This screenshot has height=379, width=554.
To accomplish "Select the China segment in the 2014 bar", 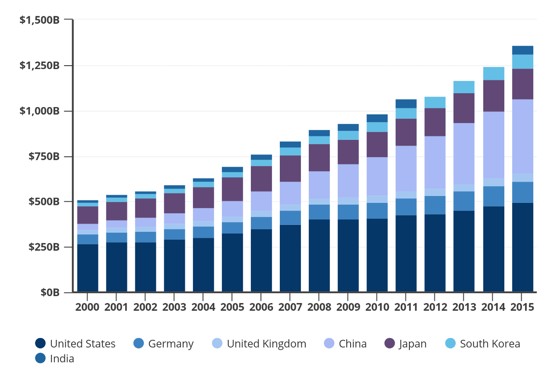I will (494, 145).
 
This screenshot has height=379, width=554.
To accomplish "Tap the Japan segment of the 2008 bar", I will (319, 158).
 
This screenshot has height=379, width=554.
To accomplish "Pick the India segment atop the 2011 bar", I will (406, 104).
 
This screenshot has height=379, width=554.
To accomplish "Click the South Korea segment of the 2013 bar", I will (464, 87).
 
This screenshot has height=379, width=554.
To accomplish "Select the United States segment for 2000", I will (88, 268).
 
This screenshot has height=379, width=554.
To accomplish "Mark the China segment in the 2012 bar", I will (435, 162).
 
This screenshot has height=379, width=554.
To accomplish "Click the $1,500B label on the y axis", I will (39, 20).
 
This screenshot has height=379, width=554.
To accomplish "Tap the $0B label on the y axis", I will (50, 293).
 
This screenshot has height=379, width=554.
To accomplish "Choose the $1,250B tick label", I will (39, 66).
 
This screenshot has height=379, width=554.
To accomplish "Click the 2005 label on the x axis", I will (232, 307).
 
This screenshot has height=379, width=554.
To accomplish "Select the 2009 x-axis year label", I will (348, 307).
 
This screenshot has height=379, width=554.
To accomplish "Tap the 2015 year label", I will (522, 307).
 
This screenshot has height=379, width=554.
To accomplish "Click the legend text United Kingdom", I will (266, 344).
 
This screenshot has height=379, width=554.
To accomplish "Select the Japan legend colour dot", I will (389, 344).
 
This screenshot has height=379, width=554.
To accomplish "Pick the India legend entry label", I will (62, 359).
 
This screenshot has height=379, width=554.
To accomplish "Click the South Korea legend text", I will (490, 344).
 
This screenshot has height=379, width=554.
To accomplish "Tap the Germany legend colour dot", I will (139, 344).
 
